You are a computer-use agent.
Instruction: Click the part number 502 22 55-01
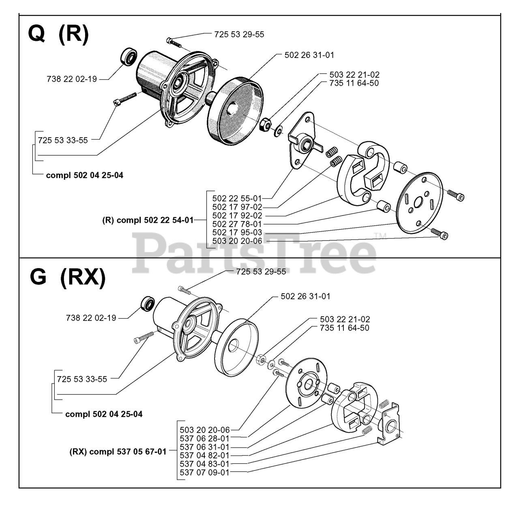click(x=237, y=198)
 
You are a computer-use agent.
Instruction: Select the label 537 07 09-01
click(x=204, y=472)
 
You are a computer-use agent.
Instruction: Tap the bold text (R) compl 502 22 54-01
click(x=148, y=220)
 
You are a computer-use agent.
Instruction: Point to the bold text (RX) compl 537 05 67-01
click(x=118, y=452)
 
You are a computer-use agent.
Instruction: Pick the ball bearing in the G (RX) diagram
click(x=147, y=304)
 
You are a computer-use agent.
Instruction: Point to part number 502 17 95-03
click(x=237, y=233)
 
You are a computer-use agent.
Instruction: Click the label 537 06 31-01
click(x=204, y=447)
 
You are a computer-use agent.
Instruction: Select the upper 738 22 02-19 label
click(x=72, y=79)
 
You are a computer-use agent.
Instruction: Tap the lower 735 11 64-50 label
click(x=345, y=328)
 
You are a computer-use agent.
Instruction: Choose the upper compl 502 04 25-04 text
click(x=85, y=175)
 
